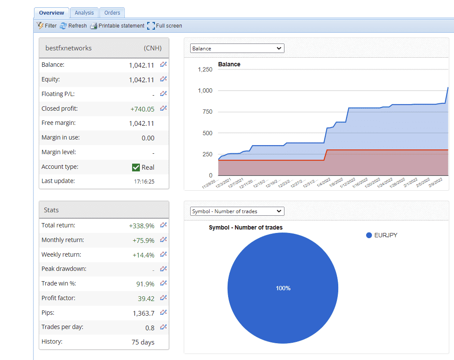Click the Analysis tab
(84, 13)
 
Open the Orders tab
(112, 13)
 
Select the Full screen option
(164, 26)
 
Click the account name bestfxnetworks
(68, 48)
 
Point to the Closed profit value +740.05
(142, 109)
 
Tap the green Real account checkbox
(136, 168)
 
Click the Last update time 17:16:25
(144, 182)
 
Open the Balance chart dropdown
(237, 49)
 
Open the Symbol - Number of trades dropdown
(237, 211)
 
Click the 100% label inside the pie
(283, 288)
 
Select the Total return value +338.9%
(142, 226)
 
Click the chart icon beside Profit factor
(163, 298)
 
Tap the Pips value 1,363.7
(143, 313)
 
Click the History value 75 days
(143, 343)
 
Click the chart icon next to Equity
(163, 79)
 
